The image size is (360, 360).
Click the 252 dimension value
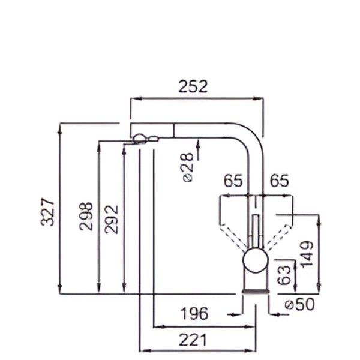[193, 86]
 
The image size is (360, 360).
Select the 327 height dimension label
[47, 212]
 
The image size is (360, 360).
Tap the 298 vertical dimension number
[86, 216]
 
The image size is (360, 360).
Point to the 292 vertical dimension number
[112, 219]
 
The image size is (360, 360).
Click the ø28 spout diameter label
[188, 167]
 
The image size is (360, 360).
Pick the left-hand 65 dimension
[233, 181]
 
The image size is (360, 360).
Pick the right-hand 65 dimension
[279, 181]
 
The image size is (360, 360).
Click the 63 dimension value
[284, 275]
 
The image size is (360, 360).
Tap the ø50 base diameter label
[299, 304]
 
